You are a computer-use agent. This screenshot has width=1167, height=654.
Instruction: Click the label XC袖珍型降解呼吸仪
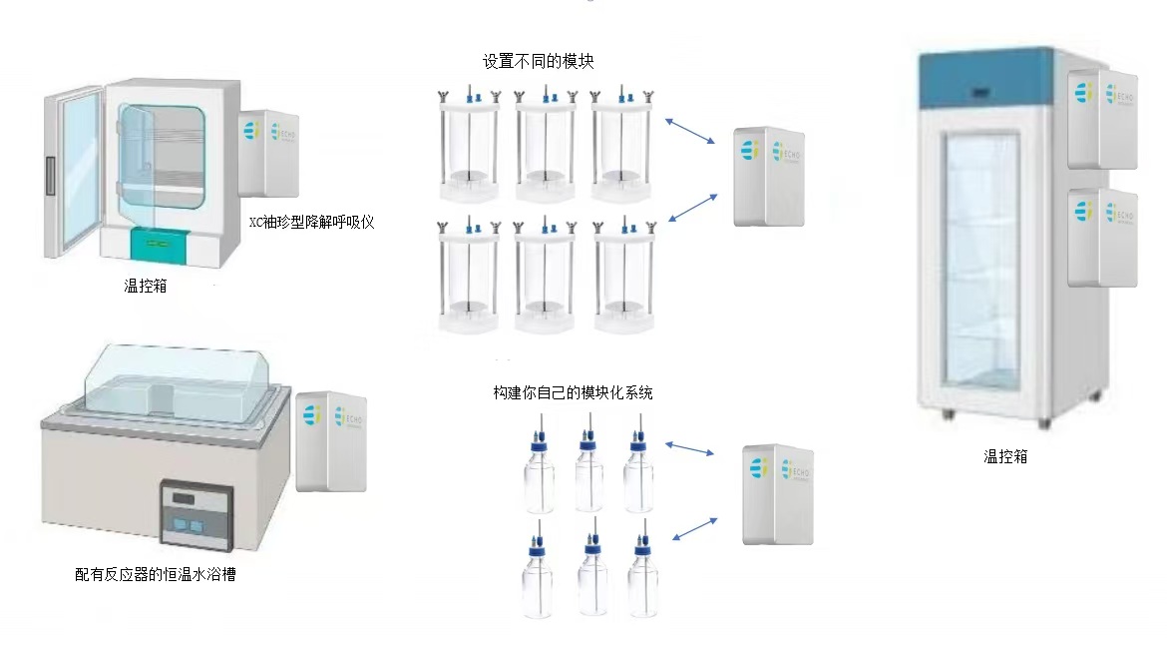point(311,222)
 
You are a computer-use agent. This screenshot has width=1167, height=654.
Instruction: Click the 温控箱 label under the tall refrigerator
point(1004,457)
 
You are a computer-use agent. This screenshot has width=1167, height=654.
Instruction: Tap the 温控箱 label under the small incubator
point(147,287)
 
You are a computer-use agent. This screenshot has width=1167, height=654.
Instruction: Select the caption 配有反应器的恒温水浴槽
point(155,574)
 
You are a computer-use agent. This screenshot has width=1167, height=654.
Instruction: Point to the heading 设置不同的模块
point(539,62)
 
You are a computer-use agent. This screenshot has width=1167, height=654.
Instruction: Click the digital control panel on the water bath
point(196,512)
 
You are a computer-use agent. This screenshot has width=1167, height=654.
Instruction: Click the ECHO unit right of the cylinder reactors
point(769,175)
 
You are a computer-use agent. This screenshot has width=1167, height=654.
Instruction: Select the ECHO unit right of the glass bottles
point(778,494)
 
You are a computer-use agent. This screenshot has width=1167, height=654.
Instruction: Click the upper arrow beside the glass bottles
point(691,450)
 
